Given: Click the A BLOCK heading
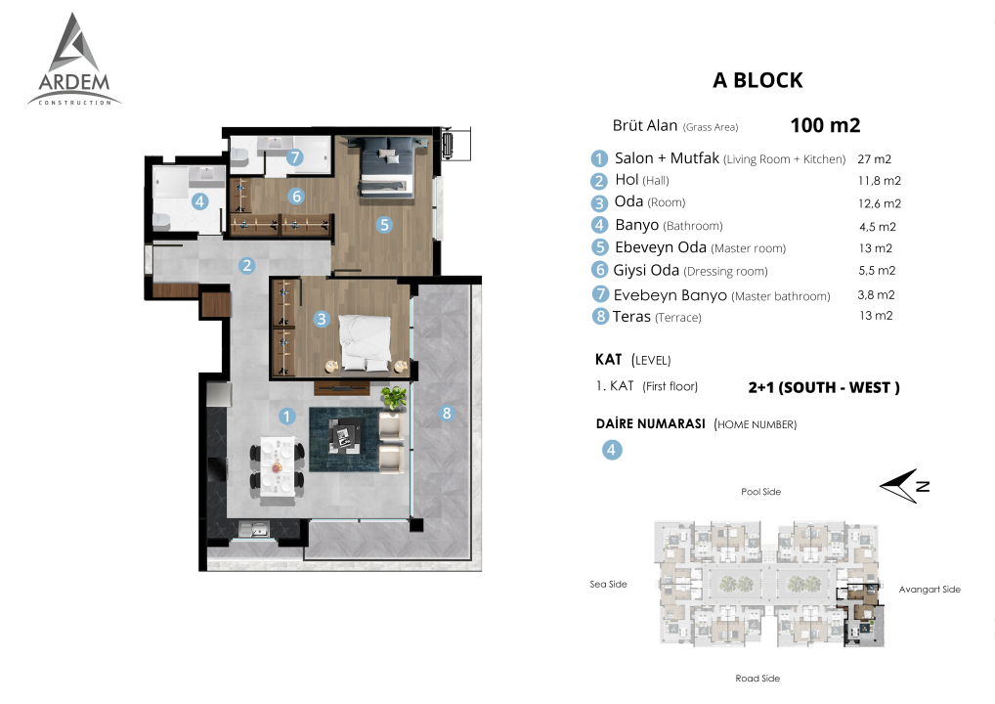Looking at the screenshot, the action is [x=757, y=80].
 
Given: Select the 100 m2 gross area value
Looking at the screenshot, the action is [x=825, y=125].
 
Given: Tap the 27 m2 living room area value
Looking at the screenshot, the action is [x=875, y=159].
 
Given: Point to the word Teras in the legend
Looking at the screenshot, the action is [x=631, y=316].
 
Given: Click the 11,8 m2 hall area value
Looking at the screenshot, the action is [x=879, y=181].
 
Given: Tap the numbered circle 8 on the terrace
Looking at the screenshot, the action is [x=447, y=414].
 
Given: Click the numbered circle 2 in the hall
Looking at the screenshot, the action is [x=247, y=265].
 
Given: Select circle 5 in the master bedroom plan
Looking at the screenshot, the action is [x=384, y=225].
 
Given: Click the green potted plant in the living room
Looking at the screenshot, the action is [x=394, y=397].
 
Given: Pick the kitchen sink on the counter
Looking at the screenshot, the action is [x=254, y=529].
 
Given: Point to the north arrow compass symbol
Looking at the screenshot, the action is [x=903, y=486].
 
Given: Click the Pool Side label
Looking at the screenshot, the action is [x=760, y=492].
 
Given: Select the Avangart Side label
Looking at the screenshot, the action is [x=930, y=590].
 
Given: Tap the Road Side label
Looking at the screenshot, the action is [x=757, y=679].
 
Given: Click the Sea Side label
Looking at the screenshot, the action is [x=608, y=584].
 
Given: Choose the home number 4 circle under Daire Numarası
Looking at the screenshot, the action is [x=612, y=450].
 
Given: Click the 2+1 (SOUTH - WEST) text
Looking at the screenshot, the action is [x=824, y=387].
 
